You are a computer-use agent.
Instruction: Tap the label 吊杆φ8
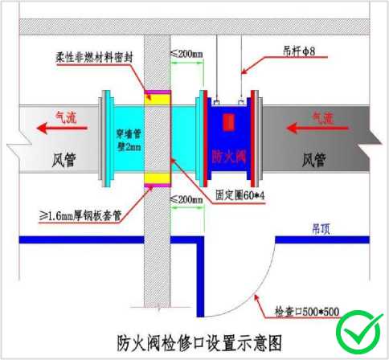click(299, 51)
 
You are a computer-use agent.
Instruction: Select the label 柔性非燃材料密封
click(94, 57)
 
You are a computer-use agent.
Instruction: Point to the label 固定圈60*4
click(240, 195)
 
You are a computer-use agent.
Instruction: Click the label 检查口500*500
click(307, 312)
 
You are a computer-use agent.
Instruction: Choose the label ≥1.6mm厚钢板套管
click(80, 215)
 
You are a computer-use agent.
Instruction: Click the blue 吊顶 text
click(321, 229)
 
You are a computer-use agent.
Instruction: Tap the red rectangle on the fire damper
click(229, 122)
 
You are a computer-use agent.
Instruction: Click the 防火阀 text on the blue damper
click(229, 156)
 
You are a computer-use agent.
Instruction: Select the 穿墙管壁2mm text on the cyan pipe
click(129, 140)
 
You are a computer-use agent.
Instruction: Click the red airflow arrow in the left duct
click(62, 128)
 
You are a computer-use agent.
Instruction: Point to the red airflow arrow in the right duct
click(317, 128)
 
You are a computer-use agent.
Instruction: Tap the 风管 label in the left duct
click(63, 160)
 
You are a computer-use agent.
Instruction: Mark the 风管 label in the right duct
click(314, 160)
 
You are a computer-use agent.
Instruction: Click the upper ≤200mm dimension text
click(186, 54)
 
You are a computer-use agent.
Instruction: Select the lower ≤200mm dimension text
click(186, 199)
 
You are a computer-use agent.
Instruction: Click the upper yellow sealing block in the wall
click(158, 100)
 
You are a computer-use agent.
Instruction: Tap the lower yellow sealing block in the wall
click(158, 178)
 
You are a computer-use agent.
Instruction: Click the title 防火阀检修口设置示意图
click(199, 343)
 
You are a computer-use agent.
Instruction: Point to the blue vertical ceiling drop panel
click(200, 276)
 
